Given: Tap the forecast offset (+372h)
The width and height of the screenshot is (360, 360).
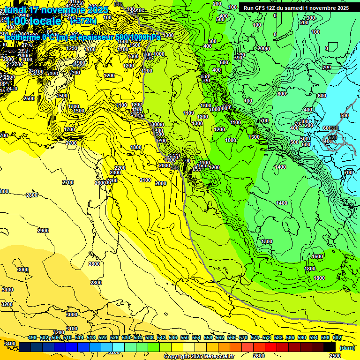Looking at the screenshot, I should point(83,21).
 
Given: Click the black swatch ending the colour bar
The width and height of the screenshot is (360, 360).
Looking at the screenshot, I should point(330,346).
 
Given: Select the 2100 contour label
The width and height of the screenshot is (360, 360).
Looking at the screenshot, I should point(145,180).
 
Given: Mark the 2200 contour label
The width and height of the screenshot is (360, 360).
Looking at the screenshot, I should point(120,168).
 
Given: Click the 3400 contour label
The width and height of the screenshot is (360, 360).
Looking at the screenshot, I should point(9,344).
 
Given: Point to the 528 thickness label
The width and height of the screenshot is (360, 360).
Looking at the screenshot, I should point(333,128).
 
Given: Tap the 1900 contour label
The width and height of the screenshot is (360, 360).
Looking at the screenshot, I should point(80,63).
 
